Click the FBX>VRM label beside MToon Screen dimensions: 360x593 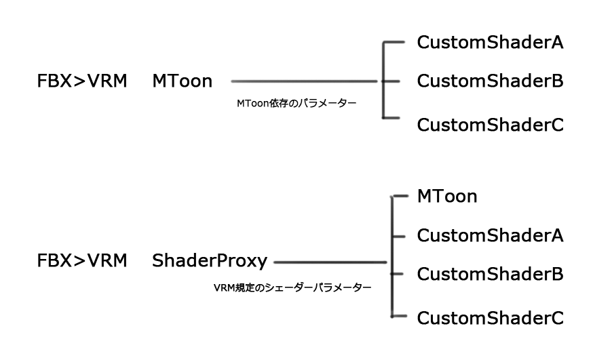(81, 82)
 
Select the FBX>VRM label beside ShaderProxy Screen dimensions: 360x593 (81, 260)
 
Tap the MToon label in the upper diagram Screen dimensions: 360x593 (182, 82)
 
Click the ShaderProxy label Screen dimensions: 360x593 (210, 260)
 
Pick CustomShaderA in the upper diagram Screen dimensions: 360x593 (490, 43)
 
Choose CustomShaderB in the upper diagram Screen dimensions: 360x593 (490, 82)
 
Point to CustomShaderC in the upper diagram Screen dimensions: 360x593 (490, 125)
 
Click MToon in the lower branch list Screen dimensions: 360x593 (447, 197)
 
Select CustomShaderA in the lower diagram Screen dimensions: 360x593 (490, 235)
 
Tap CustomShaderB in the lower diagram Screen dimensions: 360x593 (490, 275)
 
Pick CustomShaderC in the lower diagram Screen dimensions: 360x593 (490, 317)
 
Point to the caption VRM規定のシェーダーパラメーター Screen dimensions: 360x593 (292, 287)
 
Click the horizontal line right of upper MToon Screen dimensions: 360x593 (305, 82)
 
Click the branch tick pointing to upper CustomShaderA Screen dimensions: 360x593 (394, 43)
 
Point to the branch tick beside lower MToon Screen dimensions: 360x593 (400, 197)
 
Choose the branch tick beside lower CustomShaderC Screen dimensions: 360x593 (400, 316)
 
